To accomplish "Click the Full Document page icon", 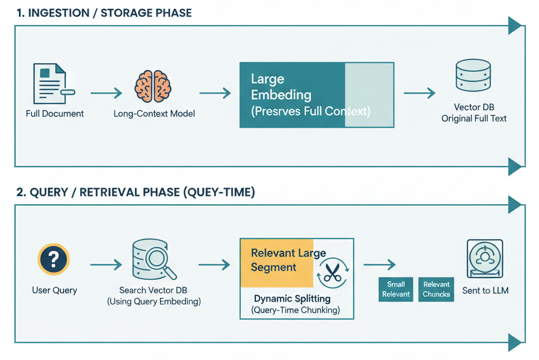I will click(x=50, y=84).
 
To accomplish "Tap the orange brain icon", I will click(x=153, y=86).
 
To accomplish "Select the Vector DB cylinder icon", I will click(x=473, y=76).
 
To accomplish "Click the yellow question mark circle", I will click(x=53, y=259).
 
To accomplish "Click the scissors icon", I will click(x=333, y=273).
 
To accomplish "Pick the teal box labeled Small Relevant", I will click(x=395, y=289).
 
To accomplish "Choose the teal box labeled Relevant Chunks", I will click(x=436, y=289).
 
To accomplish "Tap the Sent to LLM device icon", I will click(x=484, y=259).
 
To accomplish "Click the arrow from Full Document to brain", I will click(x=106, y=93).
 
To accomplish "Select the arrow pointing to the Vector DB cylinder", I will click(x=419, y=93).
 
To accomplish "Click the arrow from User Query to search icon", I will click(x=106, y=265).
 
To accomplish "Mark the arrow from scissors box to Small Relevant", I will click(x=379, y=265).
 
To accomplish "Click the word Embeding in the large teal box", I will click(x=281, y=95).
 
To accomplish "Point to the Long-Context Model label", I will click(x=154, y=114).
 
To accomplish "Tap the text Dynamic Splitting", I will click(x=292, y=298).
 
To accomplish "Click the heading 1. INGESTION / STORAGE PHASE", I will click(x=104, y=13).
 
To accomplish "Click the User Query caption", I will click(x=55, y=290).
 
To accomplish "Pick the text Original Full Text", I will click(x=474, y=118).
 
